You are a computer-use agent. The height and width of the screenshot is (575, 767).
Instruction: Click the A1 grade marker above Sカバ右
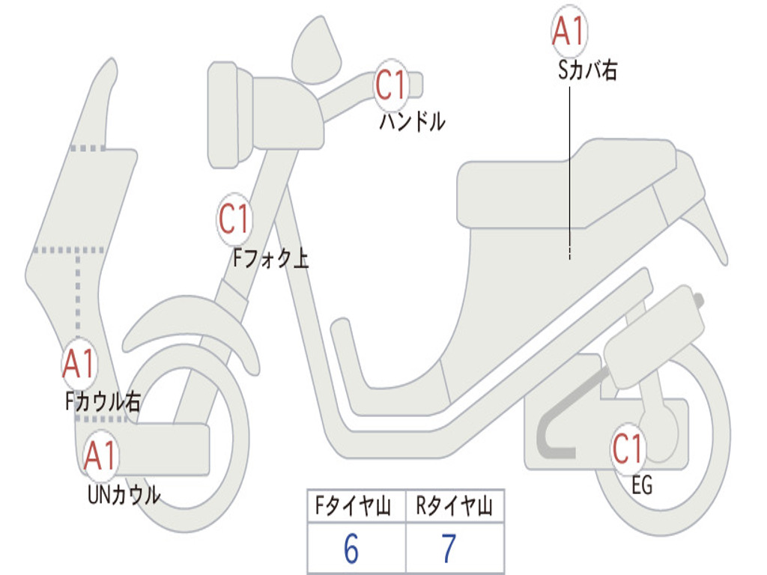click(569, 30)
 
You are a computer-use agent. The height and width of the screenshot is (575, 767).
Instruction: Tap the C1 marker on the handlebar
click(391, 85)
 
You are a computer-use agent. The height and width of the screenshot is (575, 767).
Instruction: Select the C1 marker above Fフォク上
click(234, 219)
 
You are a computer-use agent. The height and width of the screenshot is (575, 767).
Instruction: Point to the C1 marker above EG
click(628, 448)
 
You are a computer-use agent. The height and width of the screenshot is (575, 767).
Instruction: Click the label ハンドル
click(413, 121)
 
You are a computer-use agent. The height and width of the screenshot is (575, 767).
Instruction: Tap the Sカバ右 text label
click(587, 70)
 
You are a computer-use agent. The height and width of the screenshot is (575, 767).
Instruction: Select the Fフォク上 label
click(270, 258)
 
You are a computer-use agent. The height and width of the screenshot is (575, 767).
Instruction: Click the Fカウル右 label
click(102, 401)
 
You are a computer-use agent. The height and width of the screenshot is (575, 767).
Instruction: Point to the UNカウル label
click(124, 495)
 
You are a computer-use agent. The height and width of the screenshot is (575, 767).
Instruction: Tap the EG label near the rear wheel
click(642, 485)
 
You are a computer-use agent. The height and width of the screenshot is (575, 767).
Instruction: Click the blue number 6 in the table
click(351, 549)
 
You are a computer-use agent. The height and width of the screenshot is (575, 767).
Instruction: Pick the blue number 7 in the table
click(449, 549)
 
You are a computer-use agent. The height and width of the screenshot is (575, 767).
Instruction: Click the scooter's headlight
click(223, 115)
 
